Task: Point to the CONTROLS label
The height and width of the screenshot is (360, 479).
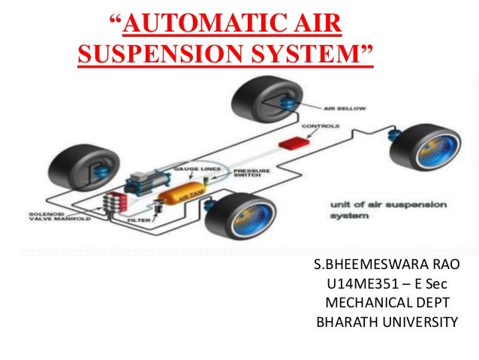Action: (321, 126)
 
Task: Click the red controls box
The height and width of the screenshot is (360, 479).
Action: (289, 141)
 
